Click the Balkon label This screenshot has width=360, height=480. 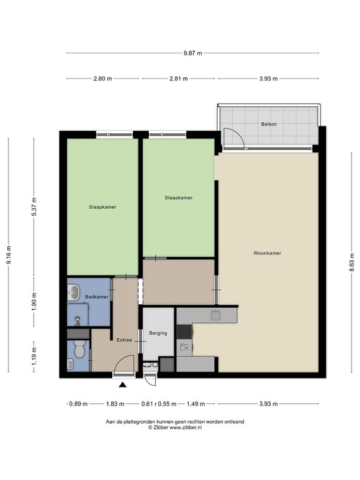[x=269, y=124]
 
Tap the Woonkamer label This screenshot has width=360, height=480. [x=267, y=253]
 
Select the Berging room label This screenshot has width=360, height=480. [x=158, y=333]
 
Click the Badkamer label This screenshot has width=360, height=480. [x=97, y=297]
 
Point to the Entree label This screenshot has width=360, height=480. [x=124, y=340]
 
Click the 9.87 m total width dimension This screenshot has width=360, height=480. [x=193, y=53]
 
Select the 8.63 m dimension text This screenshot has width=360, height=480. [x=352, y=262]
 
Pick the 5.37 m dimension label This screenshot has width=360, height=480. [x=34, y=206]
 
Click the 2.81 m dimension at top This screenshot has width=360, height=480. [x=179, y=79]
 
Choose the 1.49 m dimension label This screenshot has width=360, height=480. [x=196, y=404]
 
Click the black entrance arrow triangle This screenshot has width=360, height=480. [x=123, y=385]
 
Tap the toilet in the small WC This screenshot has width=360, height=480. [x=79, y=349]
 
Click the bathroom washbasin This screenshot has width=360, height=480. [x=73, y=292]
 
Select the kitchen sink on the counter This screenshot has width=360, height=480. [x=216, y=315]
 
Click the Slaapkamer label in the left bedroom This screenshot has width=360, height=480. [x=103, y=207]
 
